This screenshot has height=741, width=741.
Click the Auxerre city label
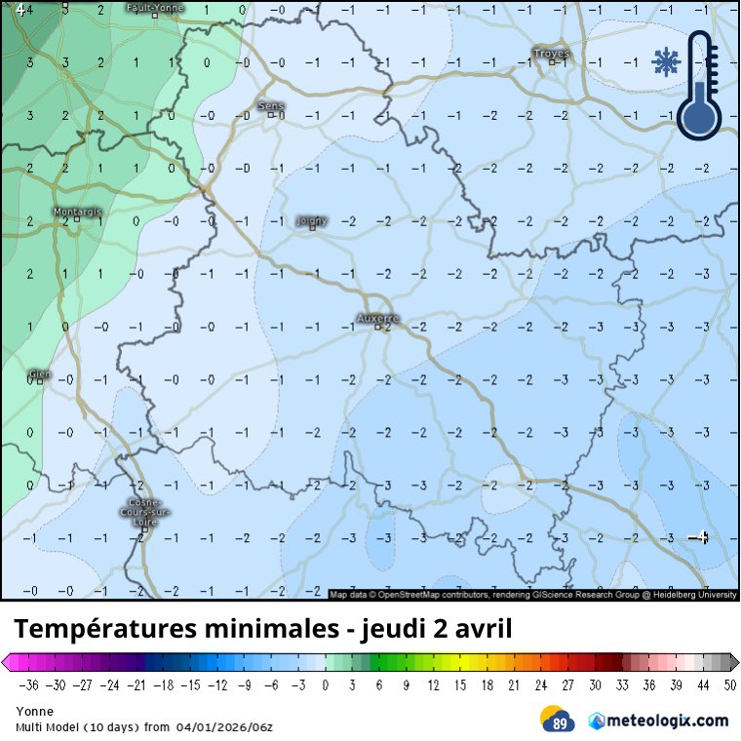click(x=378, y=319)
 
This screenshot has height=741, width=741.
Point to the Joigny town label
click(x=311, y=221)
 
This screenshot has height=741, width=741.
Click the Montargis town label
click(x=78, y=212)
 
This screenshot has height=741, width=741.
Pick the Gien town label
click(x=39, y=373)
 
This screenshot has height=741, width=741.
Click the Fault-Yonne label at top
click(x=155, y=8)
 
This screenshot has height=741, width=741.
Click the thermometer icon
click(x=700, y=86)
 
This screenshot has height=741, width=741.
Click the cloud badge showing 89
click(x=558, y=720)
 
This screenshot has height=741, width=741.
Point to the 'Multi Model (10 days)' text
click(x=75, y=727)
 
